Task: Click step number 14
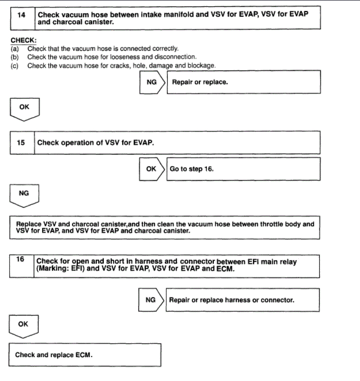[x=21, y=15]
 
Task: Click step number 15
[x=21, y=143]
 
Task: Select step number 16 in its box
[x=21, y=259]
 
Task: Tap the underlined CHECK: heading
[x=23, y=40]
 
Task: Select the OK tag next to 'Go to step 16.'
[x=151, y=169]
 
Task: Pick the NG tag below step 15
[x=24, y=193]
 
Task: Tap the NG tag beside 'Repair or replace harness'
[x=150, y=300]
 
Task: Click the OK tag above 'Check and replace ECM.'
[x=23, y=324]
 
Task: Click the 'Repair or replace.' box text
[x=200, y=82]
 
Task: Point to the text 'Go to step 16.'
[x=191, y=169]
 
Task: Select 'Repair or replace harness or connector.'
[x=232, y=300]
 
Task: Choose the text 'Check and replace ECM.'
[x=54, y=354]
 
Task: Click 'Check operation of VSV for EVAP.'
[x=95, y=143]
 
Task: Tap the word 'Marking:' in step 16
[x=57, y=269]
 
